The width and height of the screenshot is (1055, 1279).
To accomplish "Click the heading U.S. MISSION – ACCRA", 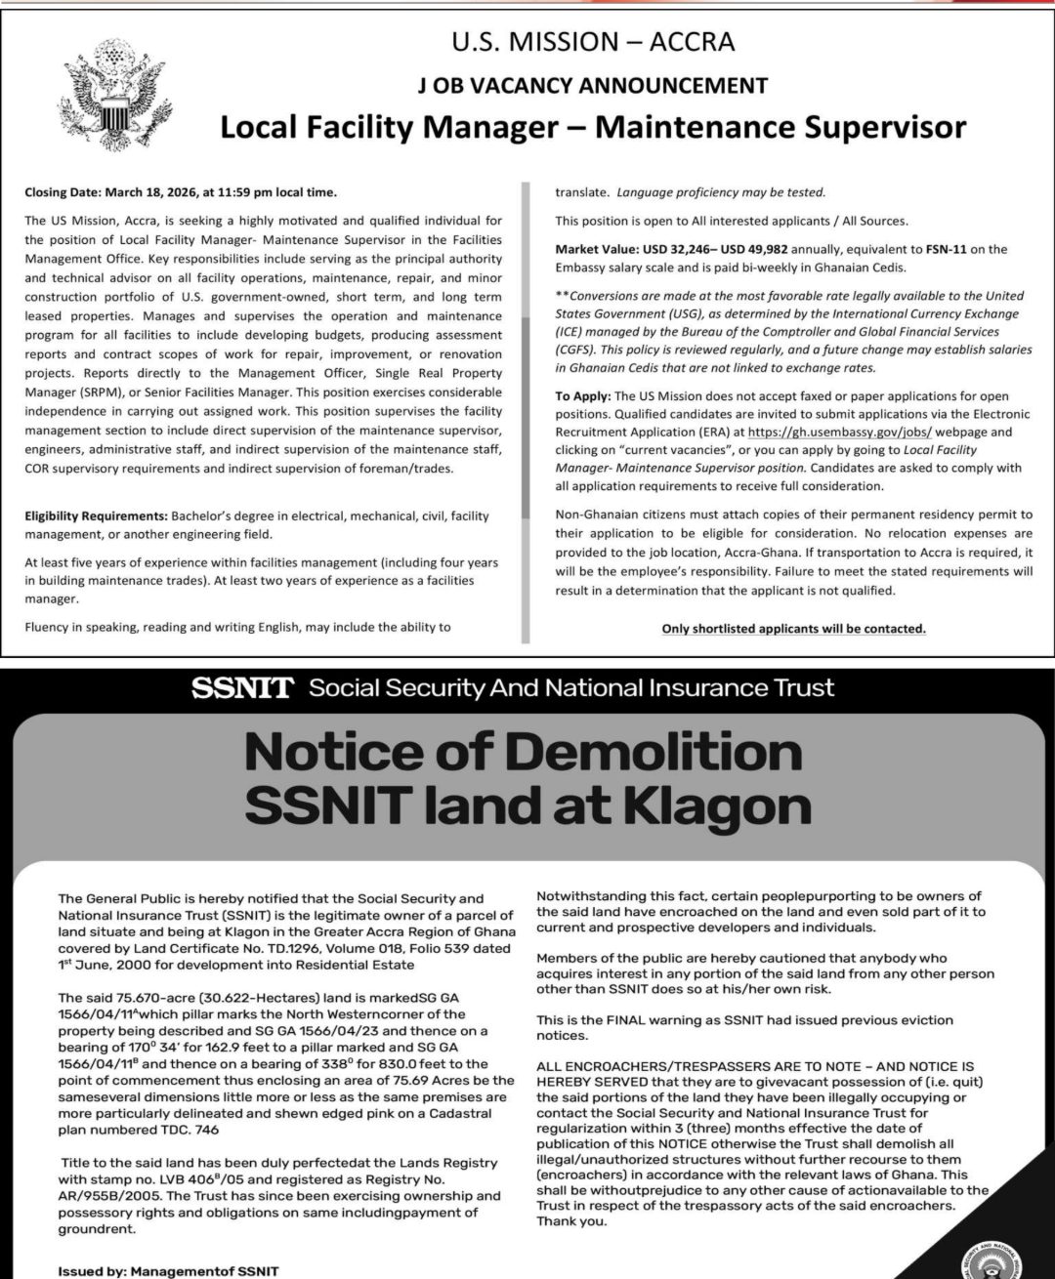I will point(593,42).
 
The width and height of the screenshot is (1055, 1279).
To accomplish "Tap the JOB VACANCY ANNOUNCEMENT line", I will point(593,85).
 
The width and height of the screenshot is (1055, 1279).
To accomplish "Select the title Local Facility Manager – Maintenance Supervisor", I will point(593,127).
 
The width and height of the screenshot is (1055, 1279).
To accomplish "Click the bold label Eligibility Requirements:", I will point(96,516).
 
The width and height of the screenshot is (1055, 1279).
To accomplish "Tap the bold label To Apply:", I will point(583,395).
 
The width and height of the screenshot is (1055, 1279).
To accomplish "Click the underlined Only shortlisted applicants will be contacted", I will point(793,629).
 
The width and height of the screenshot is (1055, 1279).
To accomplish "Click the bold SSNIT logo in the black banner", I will point(242,688).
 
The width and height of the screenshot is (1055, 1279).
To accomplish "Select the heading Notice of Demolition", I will point(524,752).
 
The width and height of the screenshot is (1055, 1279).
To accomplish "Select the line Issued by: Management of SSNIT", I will point(168,1271).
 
